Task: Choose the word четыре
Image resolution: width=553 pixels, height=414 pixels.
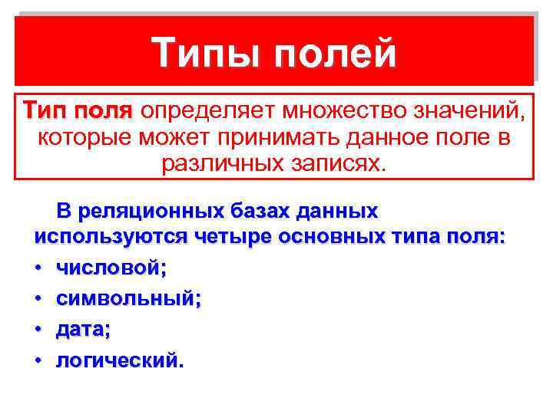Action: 228,237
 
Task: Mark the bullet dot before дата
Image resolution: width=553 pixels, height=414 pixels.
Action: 38,330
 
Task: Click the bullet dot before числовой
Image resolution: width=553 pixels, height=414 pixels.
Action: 38,268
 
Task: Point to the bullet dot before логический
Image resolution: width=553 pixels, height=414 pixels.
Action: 38,360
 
